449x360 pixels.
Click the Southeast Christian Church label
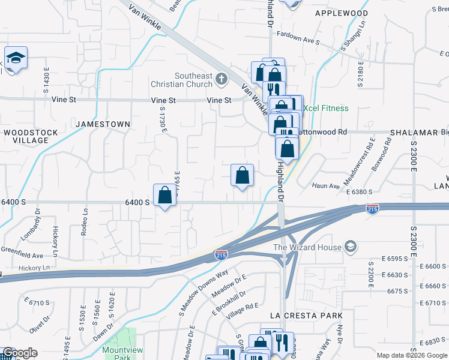pyautogui.click(x=193, y=80)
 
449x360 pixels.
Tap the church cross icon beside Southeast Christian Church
pyautogui.click(x=221, y=79)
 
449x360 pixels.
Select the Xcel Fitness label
pyautogui.click(x=325, y=108)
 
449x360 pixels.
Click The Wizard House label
pyautogui.click(x=307, y=247)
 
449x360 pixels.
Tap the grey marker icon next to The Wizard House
pyautogui.click(x=350, y=247)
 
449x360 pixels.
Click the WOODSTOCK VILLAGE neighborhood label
pyautogui.click(x=31, y=136)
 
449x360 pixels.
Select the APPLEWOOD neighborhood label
pyautogui.click(x=342, y=13)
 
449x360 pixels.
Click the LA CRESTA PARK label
pyautogui.click(x=306, y=316)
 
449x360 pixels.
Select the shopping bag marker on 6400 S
pyautogui.click(x=164, y=195)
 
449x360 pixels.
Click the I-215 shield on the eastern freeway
pyautogui.click(x=372, y=209)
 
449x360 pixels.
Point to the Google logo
pyautogui.click(x=20, y=353)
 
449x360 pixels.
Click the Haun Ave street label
pyautogui.click(x=326, y=186)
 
